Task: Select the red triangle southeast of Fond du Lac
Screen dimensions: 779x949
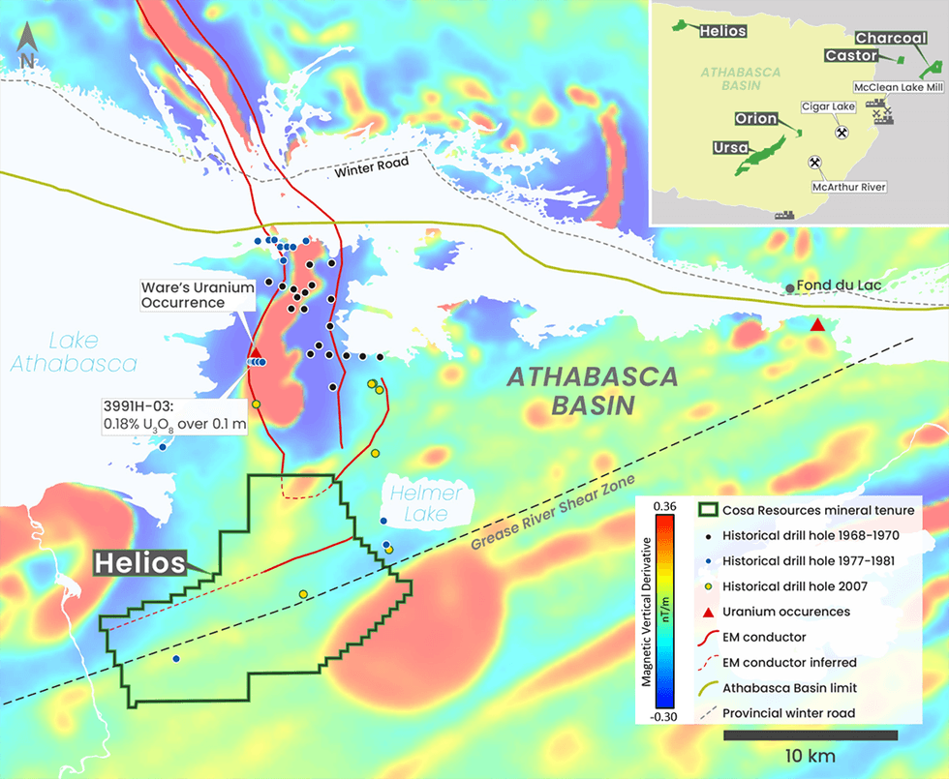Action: tap(818, 325)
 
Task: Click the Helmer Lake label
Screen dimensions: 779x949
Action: tap(425, 502)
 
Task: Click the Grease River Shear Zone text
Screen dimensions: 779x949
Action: tap(552, 514)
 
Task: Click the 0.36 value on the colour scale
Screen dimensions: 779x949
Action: tap(663, 506)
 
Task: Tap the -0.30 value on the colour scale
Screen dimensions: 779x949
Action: tap(663, 717)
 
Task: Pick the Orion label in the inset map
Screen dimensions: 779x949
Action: tap(756, 119)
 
